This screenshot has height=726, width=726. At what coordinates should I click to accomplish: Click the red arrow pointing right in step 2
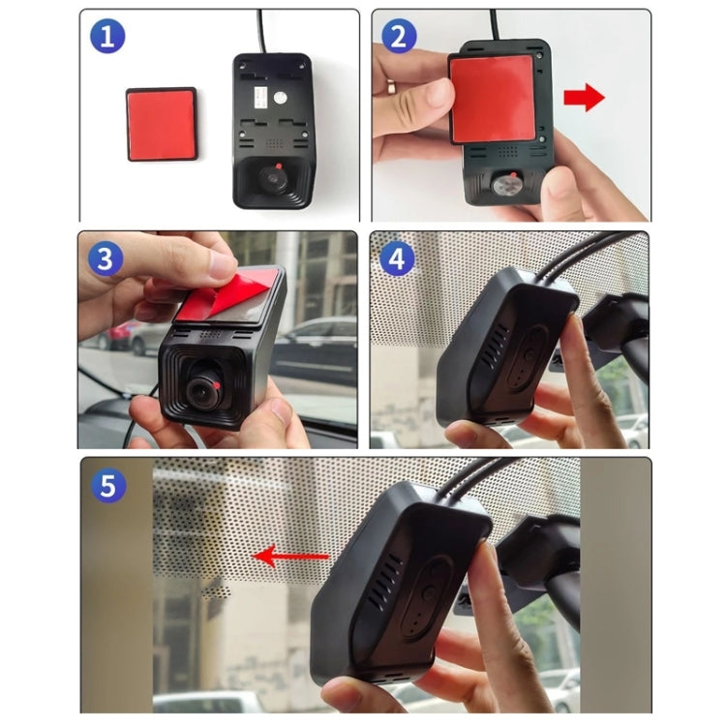[x=583, y=98]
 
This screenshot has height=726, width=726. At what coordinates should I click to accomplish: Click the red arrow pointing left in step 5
[x=290, y=556]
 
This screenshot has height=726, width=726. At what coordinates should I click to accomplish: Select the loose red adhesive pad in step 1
[x=162, y=123]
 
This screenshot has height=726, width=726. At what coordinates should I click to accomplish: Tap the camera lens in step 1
[x=273, y=178]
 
